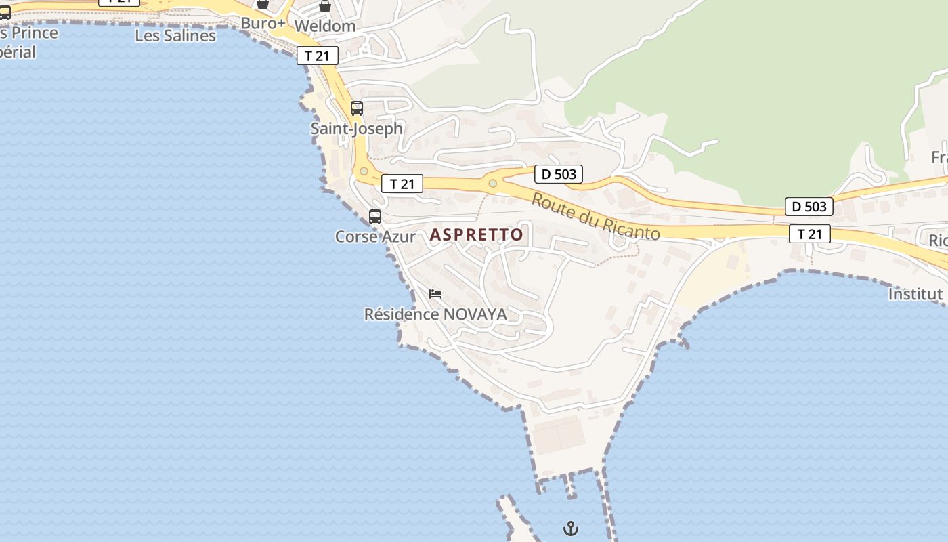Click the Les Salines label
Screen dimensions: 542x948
(175, 35)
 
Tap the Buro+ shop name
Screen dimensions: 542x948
(263, 24)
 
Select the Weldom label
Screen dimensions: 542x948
(324, 26)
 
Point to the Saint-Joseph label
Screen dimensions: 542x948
(356, 128)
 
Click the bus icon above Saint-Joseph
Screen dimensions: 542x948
(357, 108)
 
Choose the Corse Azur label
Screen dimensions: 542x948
(375, 236)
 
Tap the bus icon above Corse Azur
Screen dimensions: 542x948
(375, 217)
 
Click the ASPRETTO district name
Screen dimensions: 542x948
(477, 234)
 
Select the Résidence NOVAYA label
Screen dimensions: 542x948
(435, 314)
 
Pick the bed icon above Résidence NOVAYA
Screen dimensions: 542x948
(435, 294)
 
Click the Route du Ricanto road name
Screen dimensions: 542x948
(595, 217)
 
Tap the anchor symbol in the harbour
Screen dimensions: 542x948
(571, 528)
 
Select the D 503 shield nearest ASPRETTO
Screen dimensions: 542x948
(559, 174)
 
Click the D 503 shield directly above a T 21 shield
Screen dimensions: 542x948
(809, 207)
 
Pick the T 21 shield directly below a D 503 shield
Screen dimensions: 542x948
(809, 234)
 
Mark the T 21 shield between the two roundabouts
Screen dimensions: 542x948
(402, 184)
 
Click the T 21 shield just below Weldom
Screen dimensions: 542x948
(317, 56)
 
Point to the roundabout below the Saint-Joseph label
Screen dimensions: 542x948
(364, 171)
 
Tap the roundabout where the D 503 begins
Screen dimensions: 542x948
(492, 184)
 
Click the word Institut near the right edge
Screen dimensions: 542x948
(915, 294)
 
